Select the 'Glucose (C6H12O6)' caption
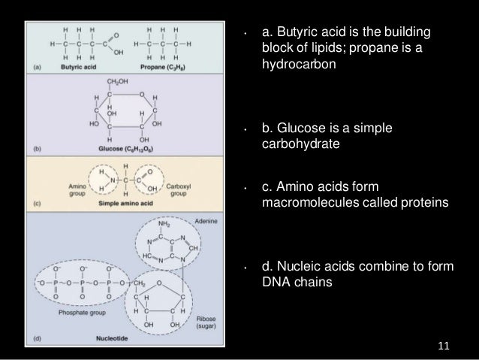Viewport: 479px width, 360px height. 124,148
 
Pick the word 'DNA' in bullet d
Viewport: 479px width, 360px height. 275,283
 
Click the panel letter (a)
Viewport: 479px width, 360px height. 35,66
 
